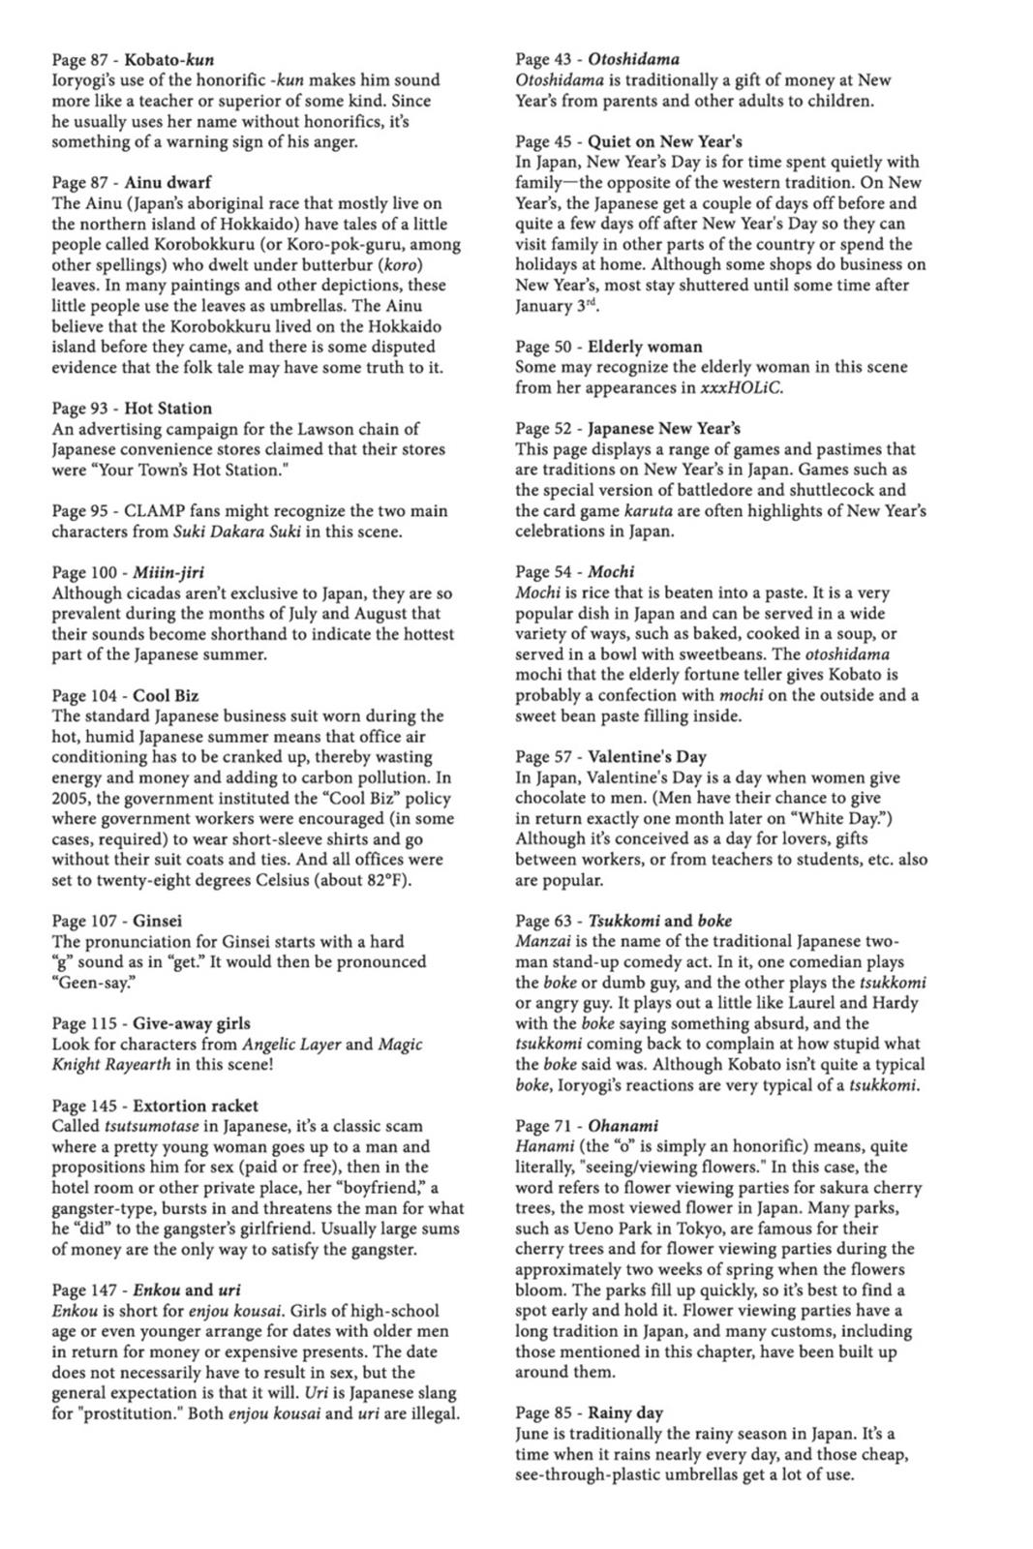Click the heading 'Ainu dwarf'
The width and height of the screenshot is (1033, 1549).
click(x=167, y=182)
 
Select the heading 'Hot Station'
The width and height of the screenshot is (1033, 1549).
click(x=167, y=409)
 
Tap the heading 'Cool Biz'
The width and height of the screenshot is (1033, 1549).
click(x=166, y=696)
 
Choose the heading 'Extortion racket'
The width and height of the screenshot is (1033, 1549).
click(x=196, y=1106)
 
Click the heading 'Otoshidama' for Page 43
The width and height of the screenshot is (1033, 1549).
click(x=633, y=59)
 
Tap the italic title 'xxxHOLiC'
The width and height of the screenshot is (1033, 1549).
click(x=741, y=387)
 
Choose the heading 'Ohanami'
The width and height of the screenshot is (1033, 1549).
click(x=623, y=1126)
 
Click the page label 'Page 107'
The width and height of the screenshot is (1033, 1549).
click(x=85, y=921)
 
